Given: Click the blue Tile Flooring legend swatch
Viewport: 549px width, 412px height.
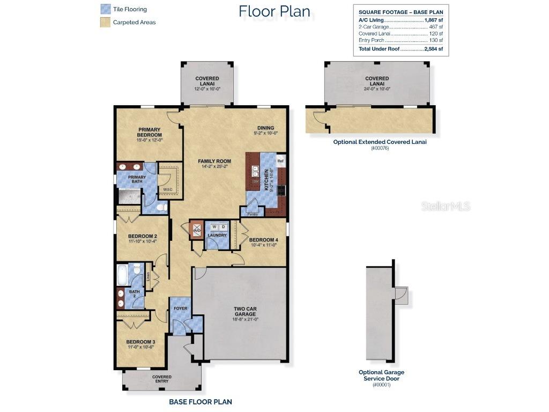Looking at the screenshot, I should pyautogui.click(x=106, y=9).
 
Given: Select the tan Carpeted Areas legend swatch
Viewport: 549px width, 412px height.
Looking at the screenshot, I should pyautogui.click(x=106, y=23).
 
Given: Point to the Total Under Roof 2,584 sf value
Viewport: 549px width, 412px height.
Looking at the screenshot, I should pyautogui.click(x=433, y=49).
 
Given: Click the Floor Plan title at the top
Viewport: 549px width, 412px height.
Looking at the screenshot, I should pyautogui.click(x=274, y=11).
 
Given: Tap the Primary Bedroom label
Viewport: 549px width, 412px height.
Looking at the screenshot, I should pyautogui.click(x=150, y=133).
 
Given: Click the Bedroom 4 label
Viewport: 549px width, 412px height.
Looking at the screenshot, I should pyautogui.click(x=263, y=240).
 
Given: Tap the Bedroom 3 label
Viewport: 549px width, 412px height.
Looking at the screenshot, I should pyautogui.click(x=141, y=342).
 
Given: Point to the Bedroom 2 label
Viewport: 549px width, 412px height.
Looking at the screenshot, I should pyautogui.click(x=142, y=237).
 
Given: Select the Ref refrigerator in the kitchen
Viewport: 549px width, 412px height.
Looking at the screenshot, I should pyautogui.click(x=280, y=161).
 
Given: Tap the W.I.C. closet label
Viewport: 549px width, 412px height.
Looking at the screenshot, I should pyautogui.click(x=167, y=189).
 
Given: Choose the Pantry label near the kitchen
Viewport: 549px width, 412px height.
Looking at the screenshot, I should pyautogui.click(x=253, y=214).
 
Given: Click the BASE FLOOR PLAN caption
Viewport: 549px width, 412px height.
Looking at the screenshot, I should pyautogui.click(x=200, y=401).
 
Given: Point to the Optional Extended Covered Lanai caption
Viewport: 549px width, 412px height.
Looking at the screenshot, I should pyautogui.click(x=380, y=142).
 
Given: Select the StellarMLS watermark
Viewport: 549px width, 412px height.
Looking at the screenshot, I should pyautogui.click(x=446, y=206).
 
